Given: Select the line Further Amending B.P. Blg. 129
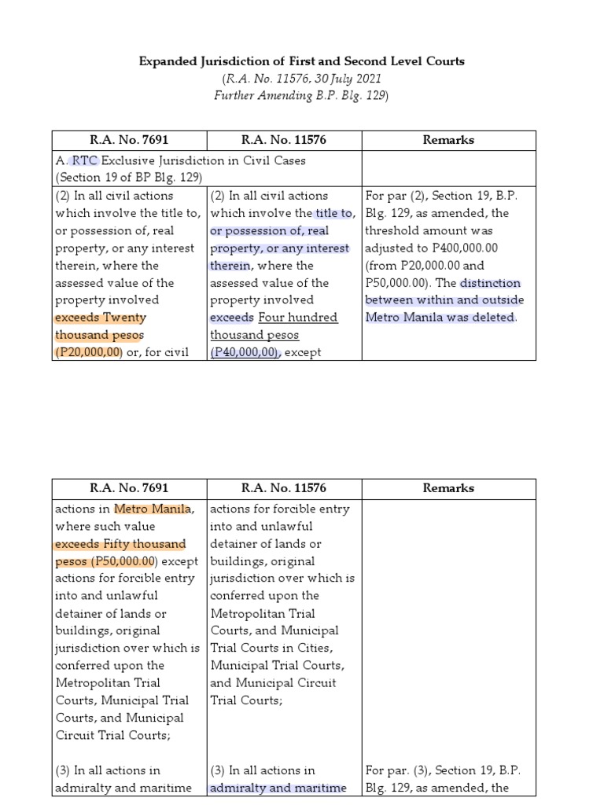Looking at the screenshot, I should point(302,95).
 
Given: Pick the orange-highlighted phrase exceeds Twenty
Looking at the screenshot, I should point(100,318).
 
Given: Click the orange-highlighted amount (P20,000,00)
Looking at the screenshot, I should point(89,352).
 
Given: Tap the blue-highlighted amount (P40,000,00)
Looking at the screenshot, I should point(245,352).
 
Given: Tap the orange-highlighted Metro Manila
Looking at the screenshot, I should point(153,509).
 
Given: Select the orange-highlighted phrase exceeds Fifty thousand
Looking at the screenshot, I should point(120,544).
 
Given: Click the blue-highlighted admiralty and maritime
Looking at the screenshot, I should point(278,788).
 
